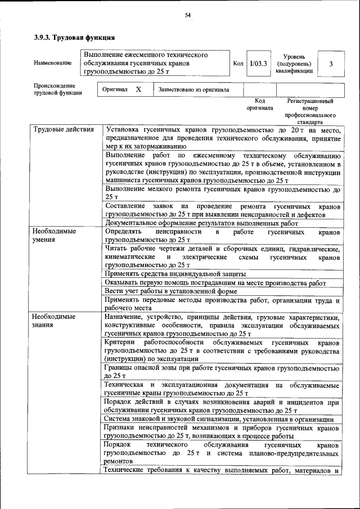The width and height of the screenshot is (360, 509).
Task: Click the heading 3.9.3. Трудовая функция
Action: point(74,38)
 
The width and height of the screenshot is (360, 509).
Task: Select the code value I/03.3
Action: point(259,64)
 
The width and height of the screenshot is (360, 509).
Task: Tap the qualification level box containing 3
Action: point(331,64)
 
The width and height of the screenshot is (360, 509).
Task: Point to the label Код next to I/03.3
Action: point(238,64)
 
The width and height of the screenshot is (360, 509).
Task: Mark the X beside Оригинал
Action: point(138,89)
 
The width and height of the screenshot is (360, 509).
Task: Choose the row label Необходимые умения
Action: point(54,235)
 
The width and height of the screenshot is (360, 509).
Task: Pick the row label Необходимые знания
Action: point(54,321)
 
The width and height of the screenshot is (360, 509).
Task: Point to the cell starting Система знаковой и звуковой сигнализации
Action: point(219,420)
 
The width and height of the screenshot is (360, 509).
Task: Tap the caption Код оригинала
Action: point(259,104)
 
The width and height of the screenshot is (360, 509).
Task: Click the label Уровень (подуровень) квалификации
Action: point(294,64)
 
